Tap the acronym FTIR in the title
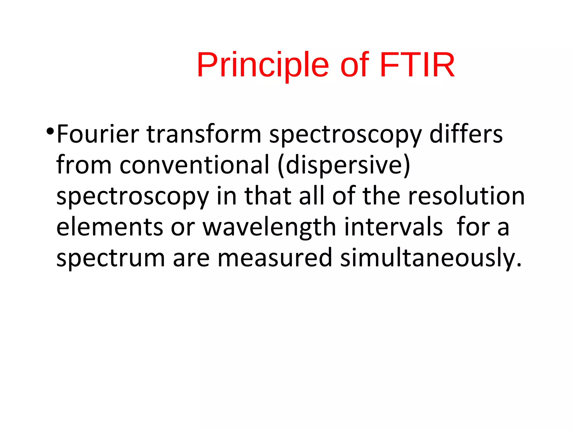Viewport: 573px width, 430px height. tap(417, 65)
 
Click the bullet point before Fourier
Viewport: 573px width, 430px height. tap(50, 131)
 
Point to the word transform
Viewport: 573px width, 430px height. tap(204, 134)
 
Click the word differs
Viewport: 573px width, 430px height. tap(466, 134)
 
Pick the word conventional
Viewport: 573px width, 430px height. tap(194, 165)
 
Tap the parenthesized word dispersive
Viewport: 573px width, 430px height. tap(344, 165)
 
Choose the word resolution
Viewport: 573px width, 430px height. tap(466, 196)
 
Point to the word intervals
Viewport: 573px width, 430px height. tap(393, 227)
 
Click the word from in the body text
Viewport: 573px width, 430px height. tap(84, 165)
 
